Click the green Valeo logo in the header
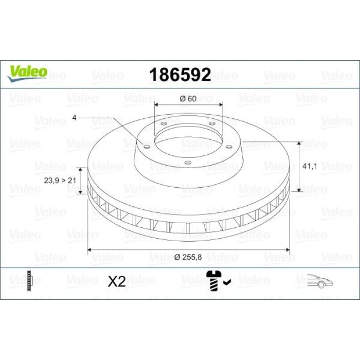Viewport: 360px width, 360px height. tap(27, 72)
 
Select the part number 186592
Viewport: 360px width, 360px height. tap(179, 75)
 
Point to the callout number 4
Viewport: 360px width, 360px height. tap(74, 118)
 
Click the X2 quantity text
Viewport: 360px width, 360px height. tap(117, 282)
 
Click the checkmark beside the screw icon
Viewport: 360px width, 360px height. tap(227, 281)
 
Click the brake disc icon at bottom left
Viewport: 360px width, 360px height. tap(32, 281)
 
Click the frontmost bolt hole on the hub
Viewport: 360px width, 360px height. tap(188, 163)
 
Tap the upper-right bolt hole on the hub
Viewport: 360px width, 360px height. tap(212, 123)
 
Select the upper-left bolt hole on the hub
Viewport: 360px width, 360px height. tap(163, 123)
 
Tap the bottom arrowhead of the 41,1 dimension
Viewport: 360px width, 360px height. tap(299, 191)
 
